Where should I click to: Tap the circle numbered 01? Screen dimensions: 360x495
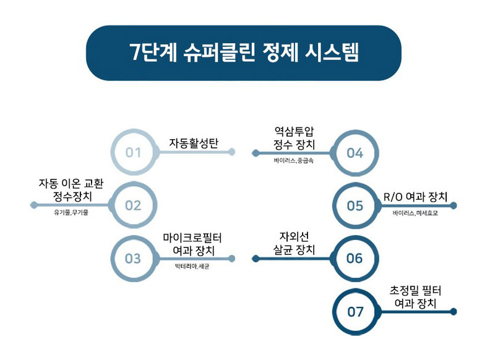point(134,152)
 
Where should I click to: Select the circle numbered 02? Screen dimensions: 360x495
point(134,205)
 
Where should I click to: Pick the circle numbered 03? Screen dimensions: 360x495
point(134,259)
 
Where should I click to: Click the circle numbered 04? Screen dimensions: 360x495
point(355,152)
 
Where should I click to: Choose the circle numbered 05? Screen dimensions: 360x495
point(355,205)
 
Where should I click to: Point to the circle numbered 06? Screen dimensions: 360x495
point(355,259)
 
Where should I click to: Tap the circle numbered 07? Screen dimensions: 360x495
point(355,311)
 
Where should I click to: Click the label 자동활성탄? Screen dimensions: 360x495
point(194,142)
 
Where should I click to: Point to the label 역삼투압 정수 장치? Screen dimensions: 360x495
point(294,137)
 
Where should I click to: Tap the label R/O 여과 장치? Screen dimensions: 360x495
point(414,197)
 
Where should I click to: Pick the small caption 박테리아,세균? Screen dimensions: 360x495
point(192,267)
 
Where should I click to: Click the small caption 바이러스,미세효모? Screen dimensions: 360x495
point(415,213)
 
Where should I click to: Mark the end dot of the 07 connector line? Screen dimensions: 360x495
point(454,311)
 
